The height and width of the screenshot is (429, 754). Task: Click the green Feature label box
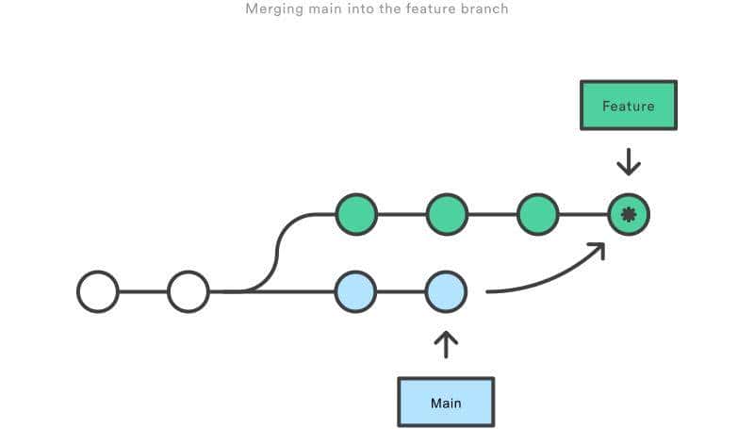628,106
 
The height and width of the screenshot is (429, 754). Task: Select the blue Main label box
446,403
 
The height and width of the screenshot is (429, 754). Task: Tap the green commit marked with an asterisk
629,215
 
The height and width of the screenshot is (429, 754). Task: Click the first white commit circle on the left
98,291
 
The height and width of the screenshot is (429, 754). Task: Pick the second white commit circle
188,291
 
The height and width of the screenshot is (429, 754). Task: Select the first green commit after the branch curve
356,215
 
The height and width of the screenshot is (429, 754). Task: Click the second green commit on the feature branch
447,215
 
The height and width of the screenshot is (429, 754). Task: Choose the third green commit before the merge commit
538,215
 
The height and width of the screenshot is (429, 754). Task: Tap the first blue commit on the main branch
356,291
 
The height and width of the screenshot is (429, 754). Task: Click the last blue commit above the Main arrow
447,291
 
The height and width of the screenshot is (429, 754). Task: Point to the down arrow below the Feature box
629,162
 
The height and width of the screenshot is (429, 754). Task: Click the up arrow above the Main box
446,344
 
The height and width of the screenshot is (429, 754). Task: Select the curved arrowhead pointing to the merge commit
596,248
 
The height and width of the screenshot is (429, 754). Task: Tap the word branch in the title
485,9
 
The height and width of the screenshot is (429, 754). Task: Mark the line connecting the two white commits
143,291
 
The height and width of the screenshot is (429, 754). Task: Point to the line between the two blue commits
402,291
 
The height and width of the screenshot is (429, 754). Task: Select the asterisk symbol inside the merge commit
629,215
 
